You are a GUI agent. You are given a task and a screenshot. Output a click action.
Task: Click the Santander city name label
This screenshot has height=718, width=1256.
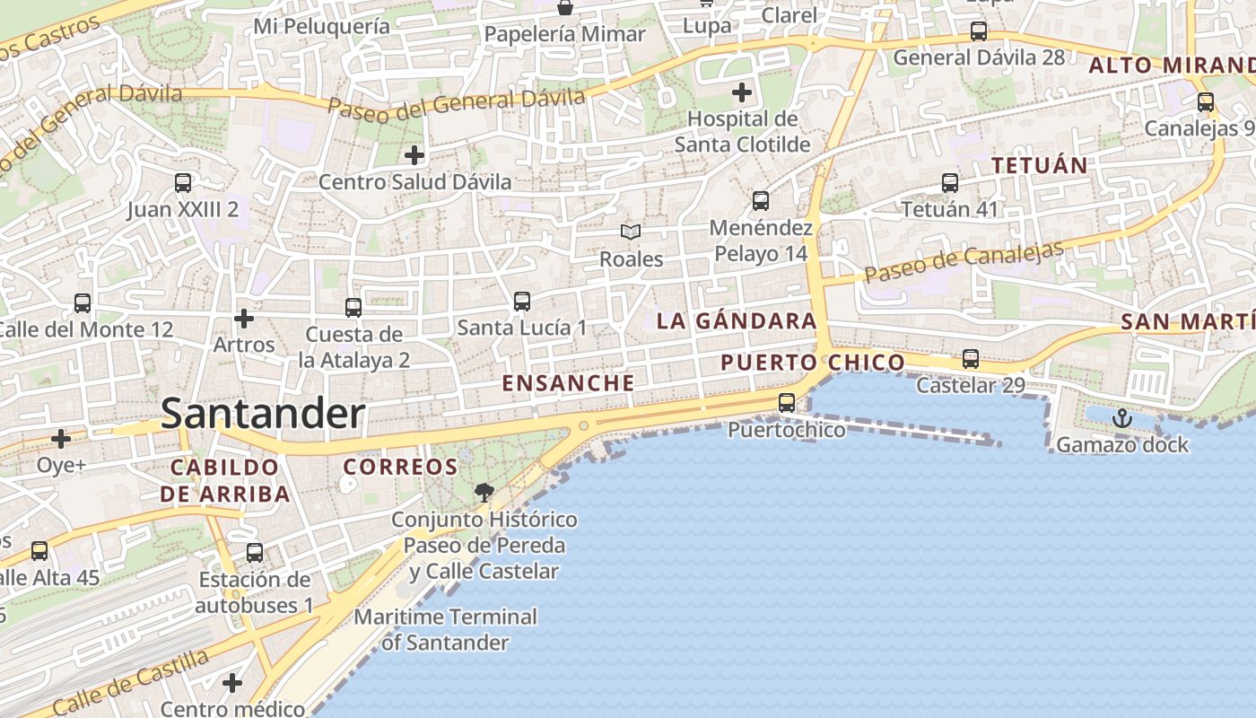[x=263, y=415]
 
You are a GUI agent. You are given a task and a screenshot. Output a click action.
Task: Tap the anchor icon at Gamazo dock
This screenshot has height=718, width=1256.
[x=1121, y=418]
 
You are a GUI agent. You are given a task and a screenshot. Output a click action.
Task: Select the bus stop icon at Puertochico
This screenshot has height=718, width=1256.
[x=787, y=403]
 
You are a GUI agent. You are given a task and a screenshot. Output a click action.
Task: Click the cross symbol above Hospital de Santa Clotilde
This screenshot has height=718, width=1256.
[x=742, y=92]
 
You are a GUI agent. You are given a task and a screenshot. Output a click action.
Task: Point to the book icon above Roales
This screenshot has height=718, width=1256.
[x=632, y=232]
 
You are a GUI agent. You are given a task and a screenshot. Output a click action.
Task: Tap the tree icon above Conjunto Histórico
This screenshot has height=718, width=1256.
[x=484, y=492]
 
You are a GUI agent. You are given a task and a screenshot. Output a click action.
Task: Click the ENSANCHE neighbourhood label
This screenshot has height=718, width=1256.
[x=568, y=383]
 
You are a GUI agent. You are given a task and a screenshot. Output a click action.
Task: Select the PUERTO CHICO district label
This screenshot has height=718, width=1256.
[x=813, y=363]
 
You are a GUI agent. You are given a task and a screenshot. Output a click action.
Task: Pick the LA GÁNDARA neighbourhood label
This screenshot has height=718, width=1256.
[x=736, y=321]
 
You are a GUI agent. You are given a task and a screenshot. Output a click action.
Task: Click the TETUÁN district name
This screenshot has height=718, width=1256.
[x=1039, y=165]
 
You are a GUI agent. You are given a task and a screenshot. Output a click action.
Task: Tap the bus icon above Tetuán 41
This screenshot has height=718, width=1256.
[x=950, y=183]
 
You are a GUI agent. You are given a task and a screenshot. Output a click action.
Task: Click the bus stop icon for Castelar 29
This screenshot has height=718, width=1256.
[x=970, y=359]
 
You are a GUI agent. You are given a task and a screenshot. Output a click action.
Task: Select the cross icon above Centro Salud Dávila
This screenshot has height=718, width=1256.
[x=414, y=155]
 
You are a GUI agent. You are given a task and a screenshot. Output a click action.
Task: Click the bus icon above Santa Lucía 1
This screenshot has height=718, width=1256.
[x=522, y=302]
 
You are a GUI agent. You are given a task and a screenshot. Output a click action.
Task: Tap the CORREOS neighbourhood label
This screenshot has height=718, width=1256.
[x=400, y=467]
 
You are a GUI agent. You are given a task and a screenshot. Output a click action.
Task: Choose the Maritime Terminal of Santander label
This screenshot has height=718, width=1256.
[x=445, y=629]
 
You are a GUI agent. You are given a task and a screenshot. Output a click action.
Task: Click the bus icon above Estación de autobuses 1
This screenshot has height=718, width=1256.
[x=255, y=553]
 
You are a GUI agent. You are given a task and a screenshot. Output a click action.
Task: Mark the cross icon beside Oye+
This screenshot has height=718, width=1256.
[x=61, y=439]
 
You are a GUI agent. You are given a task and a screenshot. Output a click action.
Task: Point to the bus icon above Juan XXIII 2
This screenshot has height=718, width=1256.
[x=183, y=183]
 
